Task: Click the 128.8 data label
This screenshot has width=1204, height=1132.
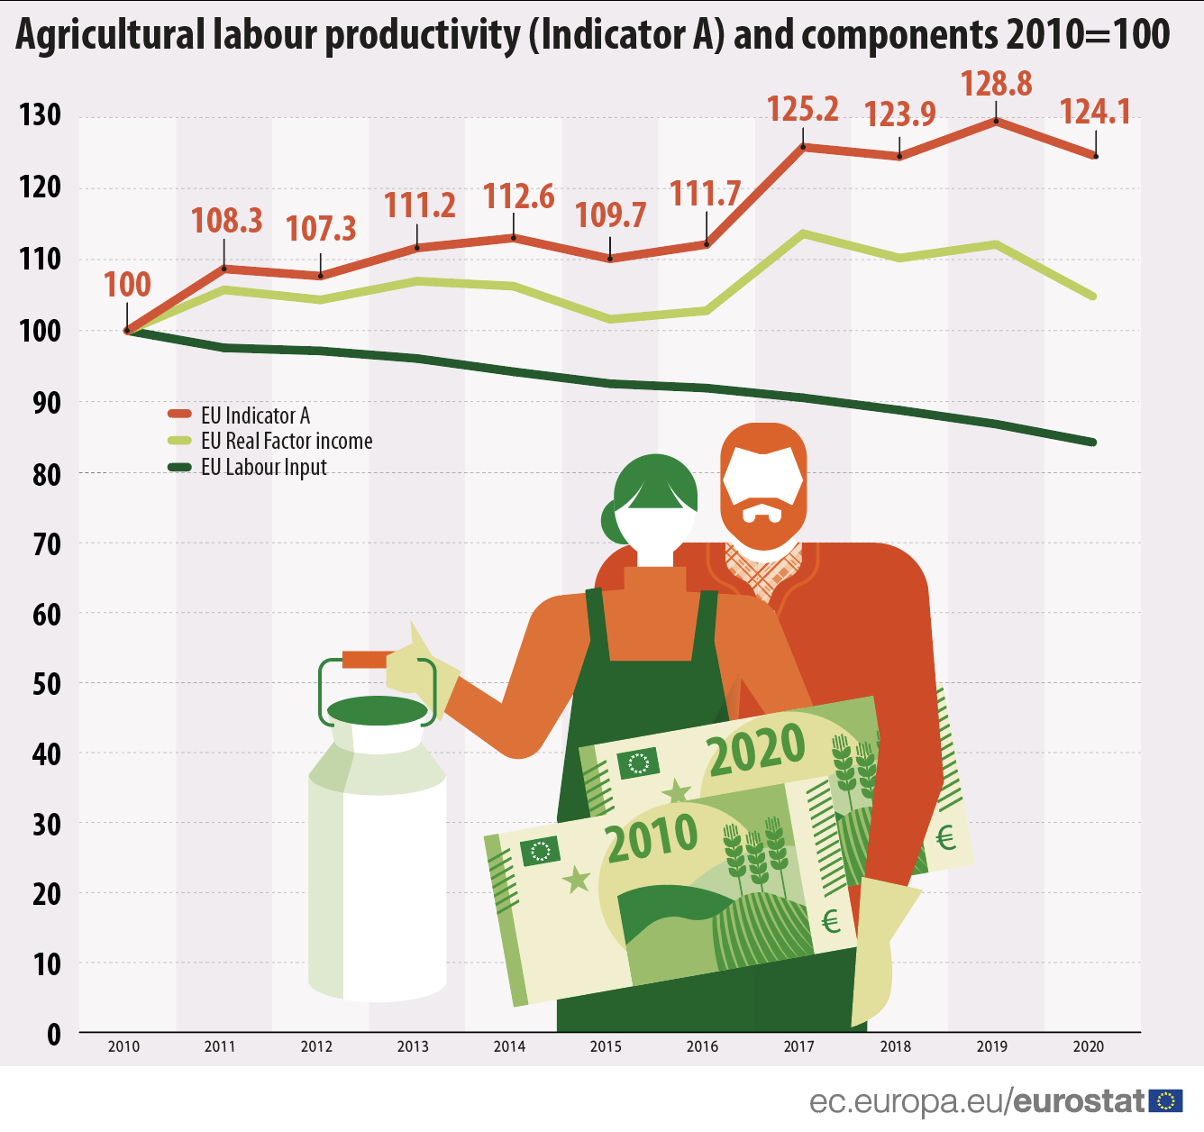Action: (996, 84)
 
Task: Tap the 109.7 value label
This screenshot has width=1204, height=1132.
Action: (611, 215)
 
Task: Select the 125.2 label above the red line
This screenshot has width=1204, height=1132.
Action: (803, 109)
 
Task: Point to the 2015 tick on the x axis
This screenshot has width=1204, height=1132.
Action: (606, 1046)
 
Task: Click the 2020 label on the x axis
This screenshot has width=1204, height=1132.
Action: (1089, 1046)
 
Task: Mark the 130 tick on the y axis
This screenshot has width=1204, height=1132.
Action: (41, 115)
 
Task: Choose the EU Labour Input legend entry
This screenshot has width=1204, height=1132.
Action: (263, 467)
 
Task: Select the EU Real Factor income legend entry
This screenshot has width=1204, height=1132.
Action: (286, 441)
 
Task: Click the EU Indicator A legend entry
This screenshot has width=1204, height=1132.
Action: (255, 415)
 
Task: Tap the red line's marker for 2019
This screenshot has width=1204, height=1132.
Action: (996, 121)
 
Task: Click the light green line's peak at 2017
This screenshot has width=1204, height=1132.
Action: (803, 233)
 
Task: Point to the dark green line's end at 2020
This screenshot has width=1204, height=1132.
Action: (1093, 442)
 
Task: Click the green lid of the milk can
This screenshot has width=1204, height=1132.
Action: (378, 710)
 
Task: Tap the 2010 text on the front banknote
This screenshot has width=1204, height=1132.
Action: (652, 838)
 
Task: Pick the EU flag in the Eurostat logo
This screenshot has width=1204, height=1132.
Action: (1166, 1100)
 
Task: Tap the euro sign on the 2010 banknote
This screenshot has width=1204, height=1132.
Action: (831, 920)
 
